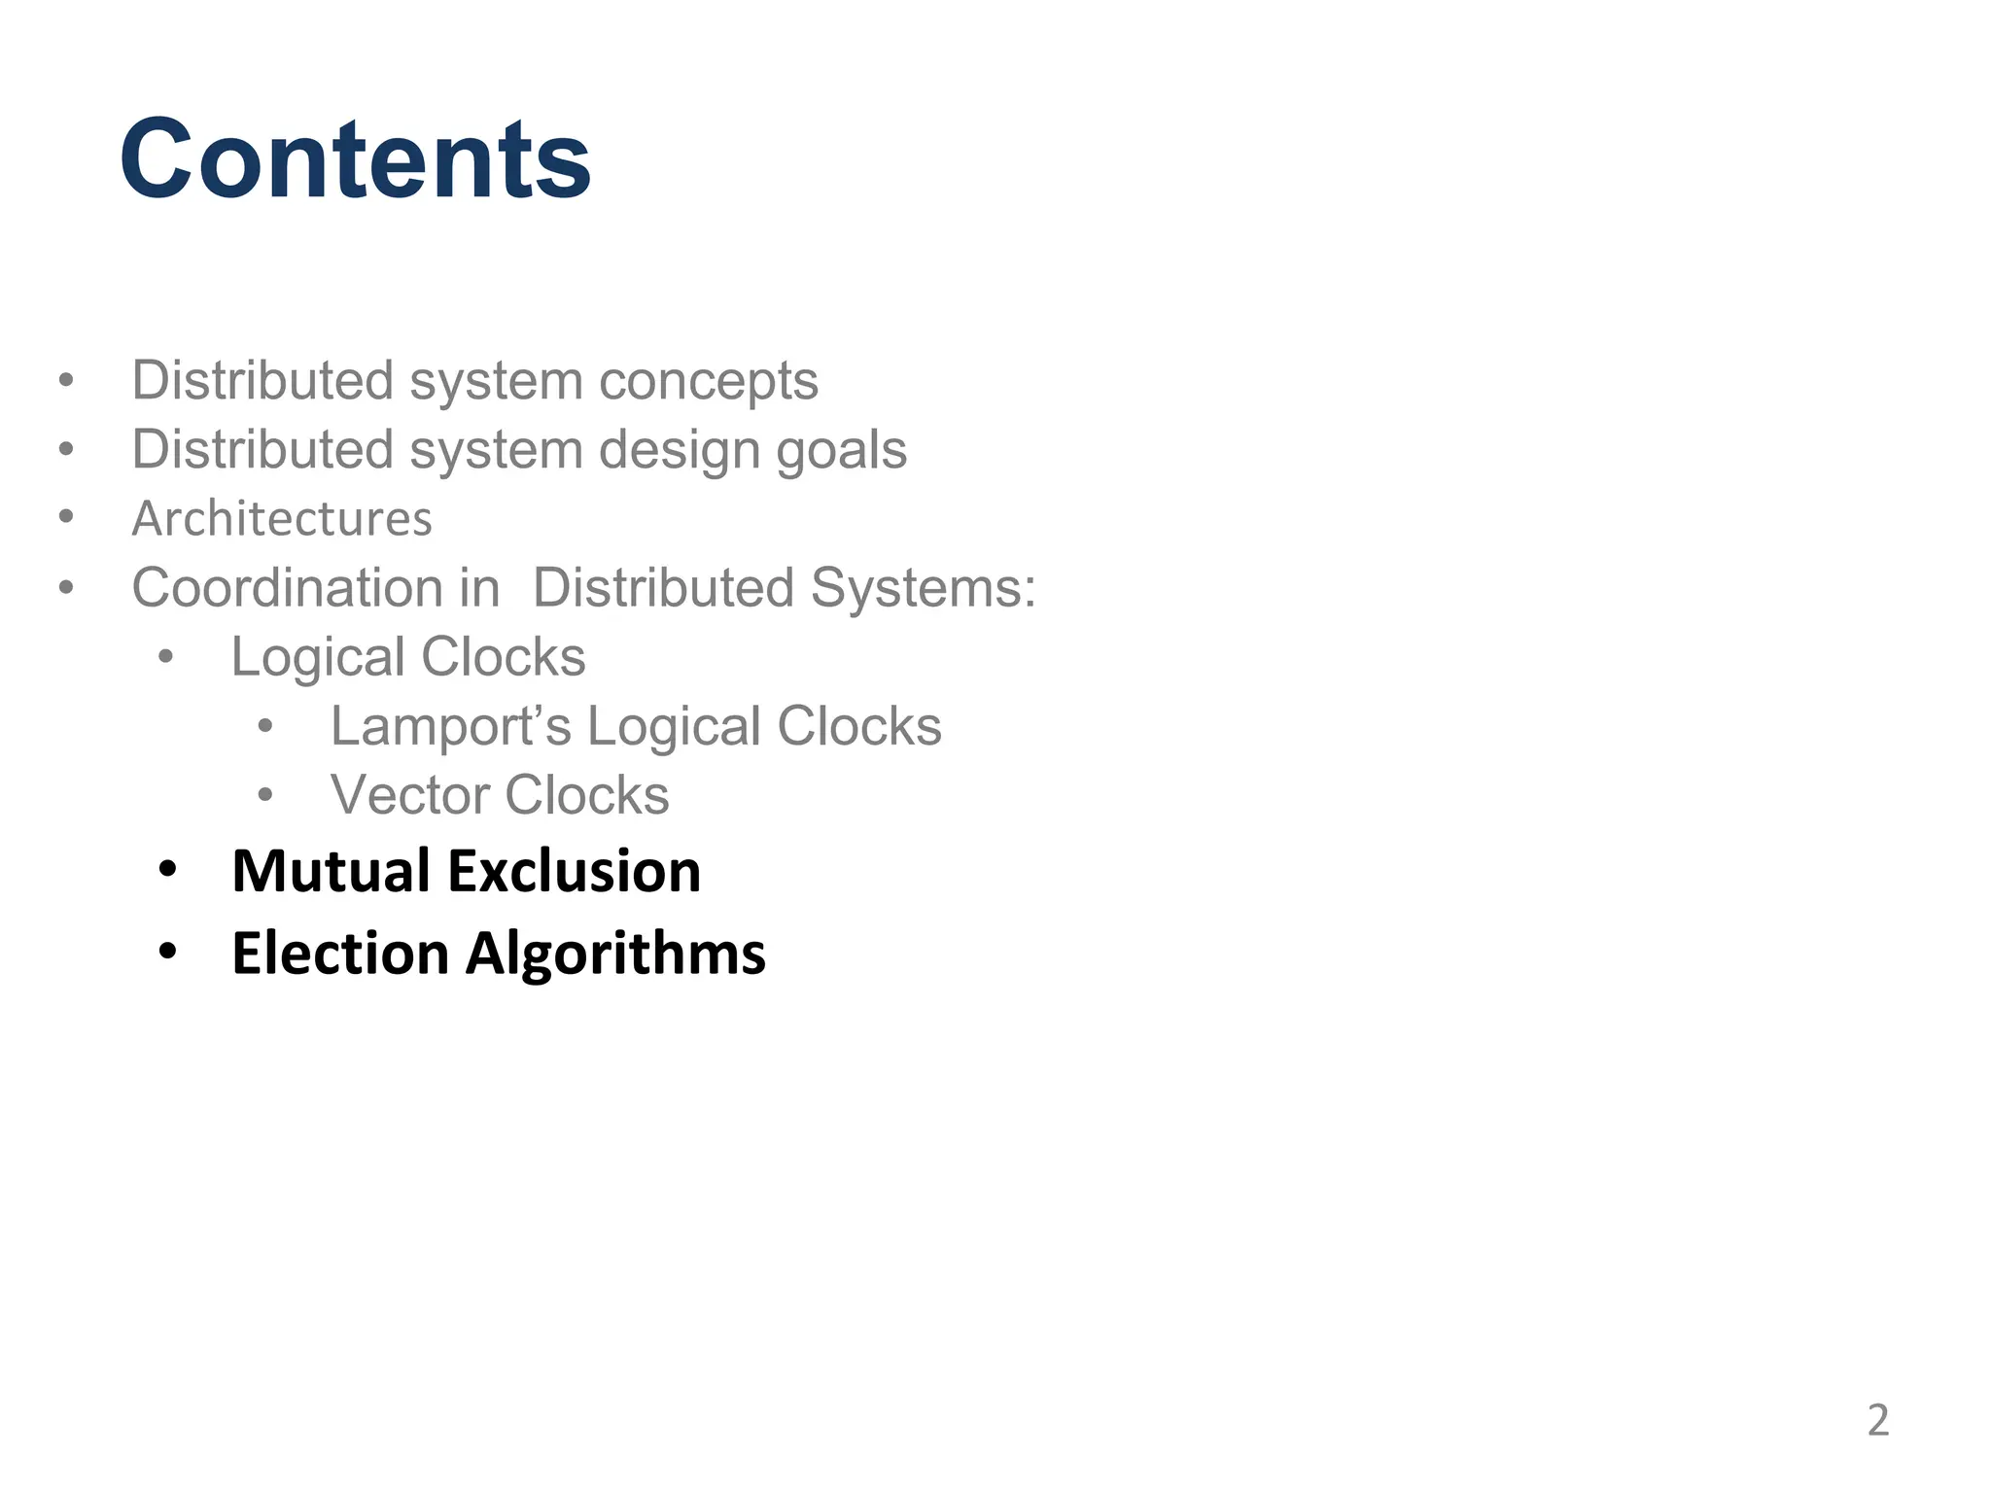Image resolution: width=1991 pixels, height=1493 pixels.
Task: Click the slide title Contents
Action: [x=355, y=158]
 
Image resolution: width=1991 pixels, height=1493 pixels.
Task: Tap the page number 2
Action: [x=1877, y=1420]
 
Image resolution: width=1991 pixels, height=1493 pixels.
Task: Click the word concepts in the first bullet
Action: [x=709, y=381]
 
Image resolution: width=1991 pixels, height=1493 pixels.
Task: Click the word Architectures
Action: [x=282, y=518]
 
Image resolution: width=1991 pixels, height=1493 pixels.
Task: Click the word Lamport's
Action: [x=450, y=727]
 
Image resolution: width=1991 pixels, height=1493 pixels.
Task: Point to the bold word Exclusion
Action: [x=574, y=870]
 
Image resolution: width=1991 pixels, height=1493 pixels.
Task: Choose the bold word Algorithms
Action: [x=615, y=955]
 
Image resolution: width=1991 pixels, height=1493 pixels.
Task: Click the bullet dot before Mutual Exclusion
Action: [x=167, y=869]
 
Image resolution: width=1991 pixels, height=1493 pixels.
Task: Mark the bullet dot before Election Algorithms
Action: [x=167, y=952]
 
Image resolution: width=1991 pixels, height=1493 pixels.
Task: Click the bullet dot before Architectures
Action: [x=65, y=516]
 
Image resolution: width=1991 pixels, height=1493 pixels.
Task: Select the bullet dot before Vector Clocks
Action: [x=265, y=795]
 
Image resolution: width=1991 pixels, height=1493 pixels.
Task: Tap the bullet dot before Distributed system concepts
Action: [x=65, y=379]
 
